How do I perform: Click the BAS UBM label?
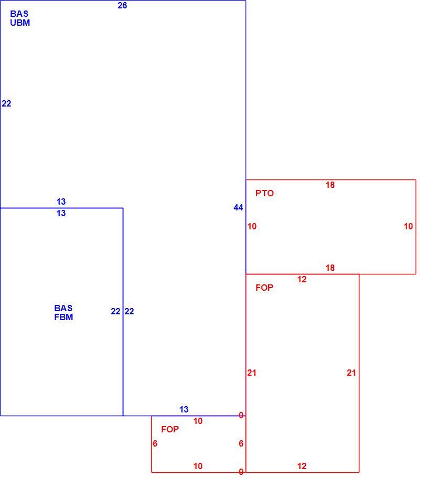tap(20, 18)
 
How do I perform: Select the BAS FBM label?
tap(63, 313)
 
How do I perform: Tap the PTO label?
tap(264, 193)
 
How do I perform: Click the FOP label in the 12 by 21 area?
tap(264, 288)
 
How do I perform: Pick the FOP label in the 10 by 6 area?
tap(170, 429)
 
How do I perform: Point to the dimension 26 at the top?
tap(122, 6)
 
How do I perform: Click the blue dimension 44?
tap(238, 208)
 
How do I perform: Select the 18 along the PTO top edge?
tap(330, 185)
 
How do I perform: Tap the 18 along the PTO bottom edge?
tap(330, 268)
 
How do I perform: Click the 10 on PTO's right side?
tap(408, 227)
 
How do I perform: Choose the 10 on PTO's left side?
tap(252, 227)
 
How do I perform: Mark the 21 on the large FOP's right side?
tap(351, 373)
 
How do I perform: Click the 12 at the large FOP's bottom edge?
tap(302, 466)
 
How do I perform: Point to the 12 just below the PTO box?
tap(302, 280)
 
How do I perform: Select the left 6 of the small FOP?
tap(155, 444)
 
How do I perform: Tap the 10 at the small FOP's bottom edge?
tap(198, 466)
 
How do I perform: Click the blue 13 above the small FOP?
tap(184, 410)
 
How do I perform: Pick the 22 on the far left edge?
tap(6, 104)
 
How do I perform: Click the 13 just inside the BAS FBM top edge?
tap(61, 214)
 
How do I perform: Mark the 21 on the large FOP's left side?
tap(252, 373)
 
